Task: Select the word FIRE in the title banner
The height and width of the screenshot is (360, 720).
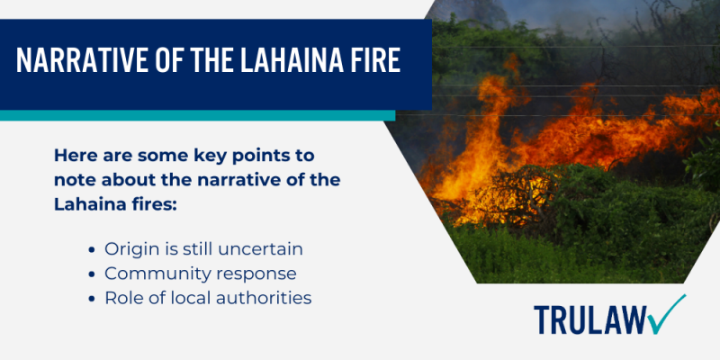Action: [x=377, y=64]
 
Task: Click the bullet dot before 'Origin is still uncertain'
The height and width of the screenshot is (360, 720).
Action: [x=94, y=247]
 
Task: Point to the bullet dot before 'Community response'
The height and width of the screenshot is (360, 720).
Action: [x=94, y=273]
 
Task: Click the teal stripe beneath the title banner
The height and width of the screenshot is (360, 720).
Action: [x=198, y=115]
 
